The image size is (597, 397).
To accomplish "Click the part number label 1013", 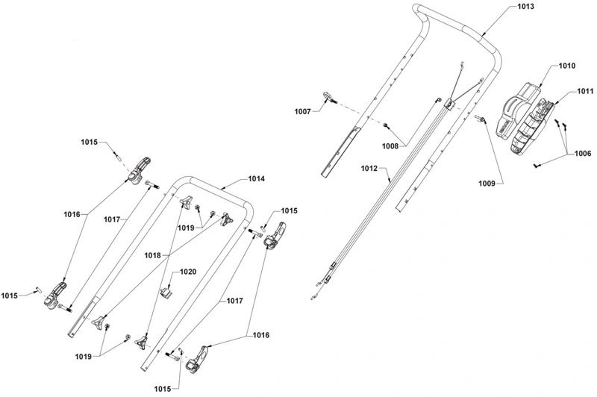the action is (526, 7).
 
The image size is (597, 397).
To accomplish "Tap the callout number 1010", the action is (567, 66).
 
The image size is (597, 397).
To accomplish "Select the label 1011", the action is (585, 91).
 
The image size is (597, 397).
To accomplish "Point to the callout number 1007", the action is (303, 111).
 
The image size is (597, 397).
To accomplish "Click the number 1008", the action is (390, 146).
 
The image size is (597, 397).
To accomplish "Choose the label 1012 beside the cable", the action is (369, 168).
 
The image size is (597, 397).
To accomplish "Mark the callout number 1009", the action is (487, 184).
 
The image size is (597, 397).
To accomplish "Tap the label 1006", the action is (583, 154).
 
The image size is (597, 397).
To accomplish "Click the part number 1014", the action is (256, 178).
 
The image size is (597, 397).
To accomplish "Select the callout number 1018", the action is (152, 256).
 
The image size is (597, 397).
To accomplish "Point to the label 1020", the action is (188, 272).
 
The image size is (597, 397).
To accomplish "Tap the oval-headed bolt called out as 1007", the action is (329, 98).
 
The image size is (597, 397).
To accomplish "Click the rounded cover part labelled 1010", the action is (517, 108).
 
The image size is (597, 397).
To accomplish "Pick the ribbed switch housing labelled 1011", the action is (531, 128).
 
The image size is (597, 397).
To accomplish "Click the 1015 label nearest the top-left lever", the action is (89, 142).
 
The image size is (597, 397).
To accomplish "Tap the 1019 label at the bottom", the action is (84, 357).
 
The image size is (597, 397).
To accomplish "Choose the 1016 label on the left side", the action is (72, 215).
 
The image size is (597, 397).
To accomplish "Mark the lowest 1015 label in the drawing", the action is (163, 389).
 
